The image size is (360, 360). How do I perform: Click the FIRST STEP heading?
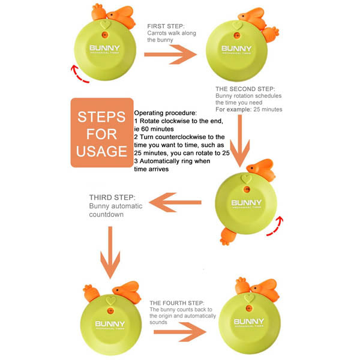point(166,26)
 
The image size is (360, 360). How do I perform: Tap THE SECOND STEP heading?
point(245,89)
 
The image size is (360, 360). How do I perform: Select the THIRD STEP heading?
point(112,197)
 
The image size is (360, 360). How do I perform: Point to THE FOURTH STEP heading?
point(177,303)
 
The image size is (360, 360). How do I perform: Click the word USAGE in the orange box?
point(102,151)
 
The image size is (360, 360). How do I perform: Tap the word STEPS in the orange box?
point(101,117)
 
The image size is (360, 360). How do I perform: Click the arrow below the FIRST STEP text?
point(170,55)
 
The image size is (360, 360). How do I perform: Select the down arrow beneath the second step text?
point(240,140)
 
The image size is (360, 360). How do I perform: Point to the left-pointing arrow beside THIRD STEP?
point(175,202)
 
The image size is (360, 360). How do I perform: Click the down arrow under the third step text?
point(110,253)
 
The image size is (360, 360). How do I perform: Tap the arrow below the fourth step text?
point(180,332)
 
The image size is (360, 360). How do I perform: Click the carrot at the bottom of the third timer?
point(228,236)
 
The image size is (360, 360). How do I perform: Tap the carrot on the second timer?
point(271,34)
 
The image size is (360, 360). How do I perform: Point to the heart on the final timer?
point(250,298)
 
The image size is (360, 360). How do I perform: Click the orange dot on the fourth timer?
point(110,311)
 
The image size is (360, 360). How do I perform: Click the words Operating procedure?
point(166,113)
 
